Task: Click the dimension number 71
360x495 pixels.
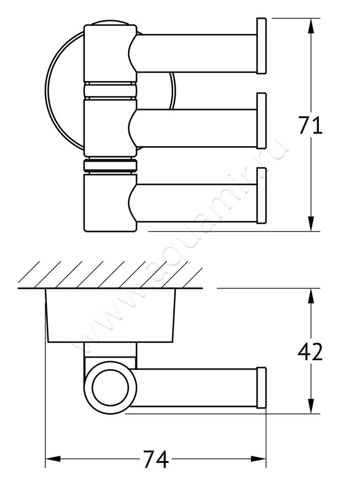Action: (310, 125)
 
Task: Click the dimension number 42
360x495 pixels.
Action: (310, 352)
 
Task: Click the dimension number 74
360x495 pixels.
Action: (156, 459)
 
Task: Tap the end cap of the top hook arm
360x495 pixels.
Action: (261, 46)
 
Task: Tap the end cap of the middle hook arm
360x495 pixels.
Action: (261, 121)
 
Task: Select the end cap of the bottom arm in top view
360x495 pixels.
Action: (261, 196)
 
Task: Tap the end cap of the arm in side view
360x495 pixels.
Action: (261, 388)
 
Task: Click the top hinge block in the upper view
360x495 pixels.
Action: (108, 53)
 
